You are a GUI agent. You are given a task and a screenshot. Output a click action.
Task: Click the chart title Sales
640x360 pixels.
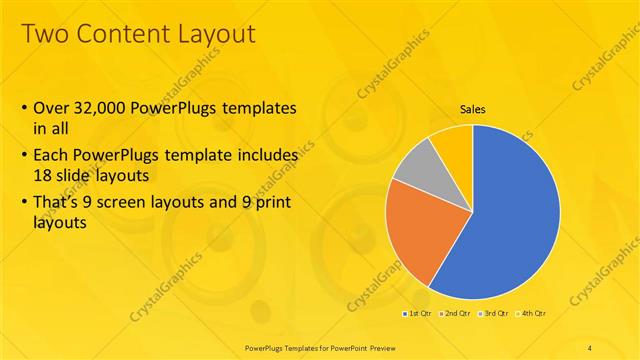coord(473,110)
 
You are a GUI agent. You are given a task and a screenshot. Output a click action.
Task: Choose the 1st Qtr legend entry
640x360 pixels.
coord(419,314)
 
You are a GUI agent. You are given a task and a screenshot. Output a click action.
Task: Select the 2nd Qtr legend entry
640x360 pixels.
coord(457,314)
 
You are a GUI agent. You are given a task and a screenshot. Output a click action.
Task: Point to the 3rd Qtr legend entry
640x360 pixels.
coord(496,314)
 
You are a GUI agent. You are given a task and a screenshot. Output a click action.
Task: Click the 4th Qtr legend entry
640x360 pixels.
coord(533,314)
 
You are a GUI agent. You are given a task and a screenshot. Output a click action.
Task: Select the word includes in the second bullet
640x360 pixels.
coord(263,156)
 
